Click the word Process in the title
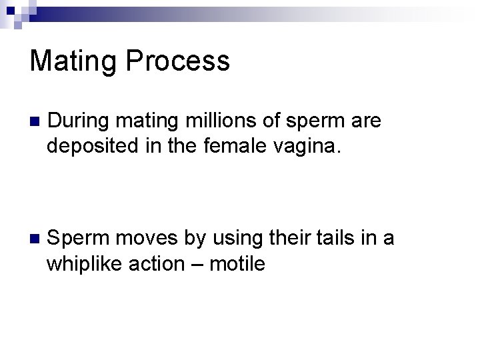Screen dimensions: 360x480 176,61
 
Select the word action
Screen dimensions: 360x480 163,263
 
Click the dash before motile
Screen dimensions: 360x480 198,264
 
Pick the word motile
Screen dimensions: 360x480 237,263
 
